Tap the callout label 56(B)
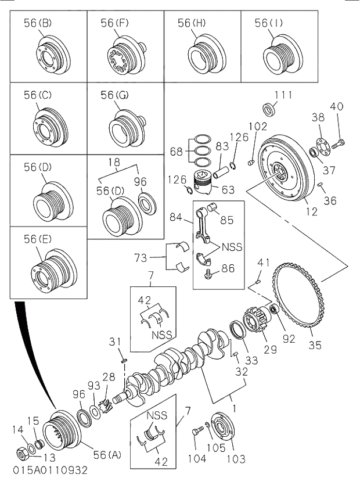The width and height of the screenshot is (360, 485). coord(38,23)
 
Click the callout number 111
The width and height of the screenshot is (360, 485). coord(283,95)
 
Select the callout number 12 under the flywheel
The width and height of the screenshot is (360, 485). coord(312,212)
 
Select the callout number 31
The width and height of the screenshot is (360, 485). coord(115,342)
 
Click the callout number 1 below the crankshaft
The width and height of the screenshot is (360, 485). coord(234,399)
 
